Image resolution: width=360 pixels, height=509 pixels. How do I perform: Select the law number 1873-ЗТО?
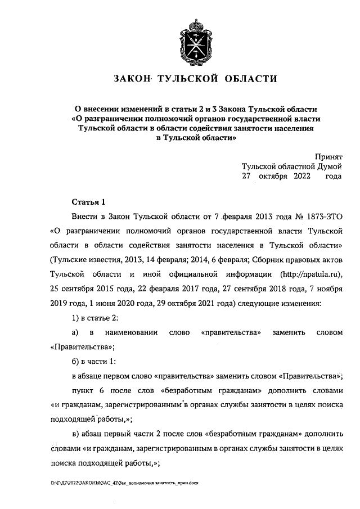coord(321,216)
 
